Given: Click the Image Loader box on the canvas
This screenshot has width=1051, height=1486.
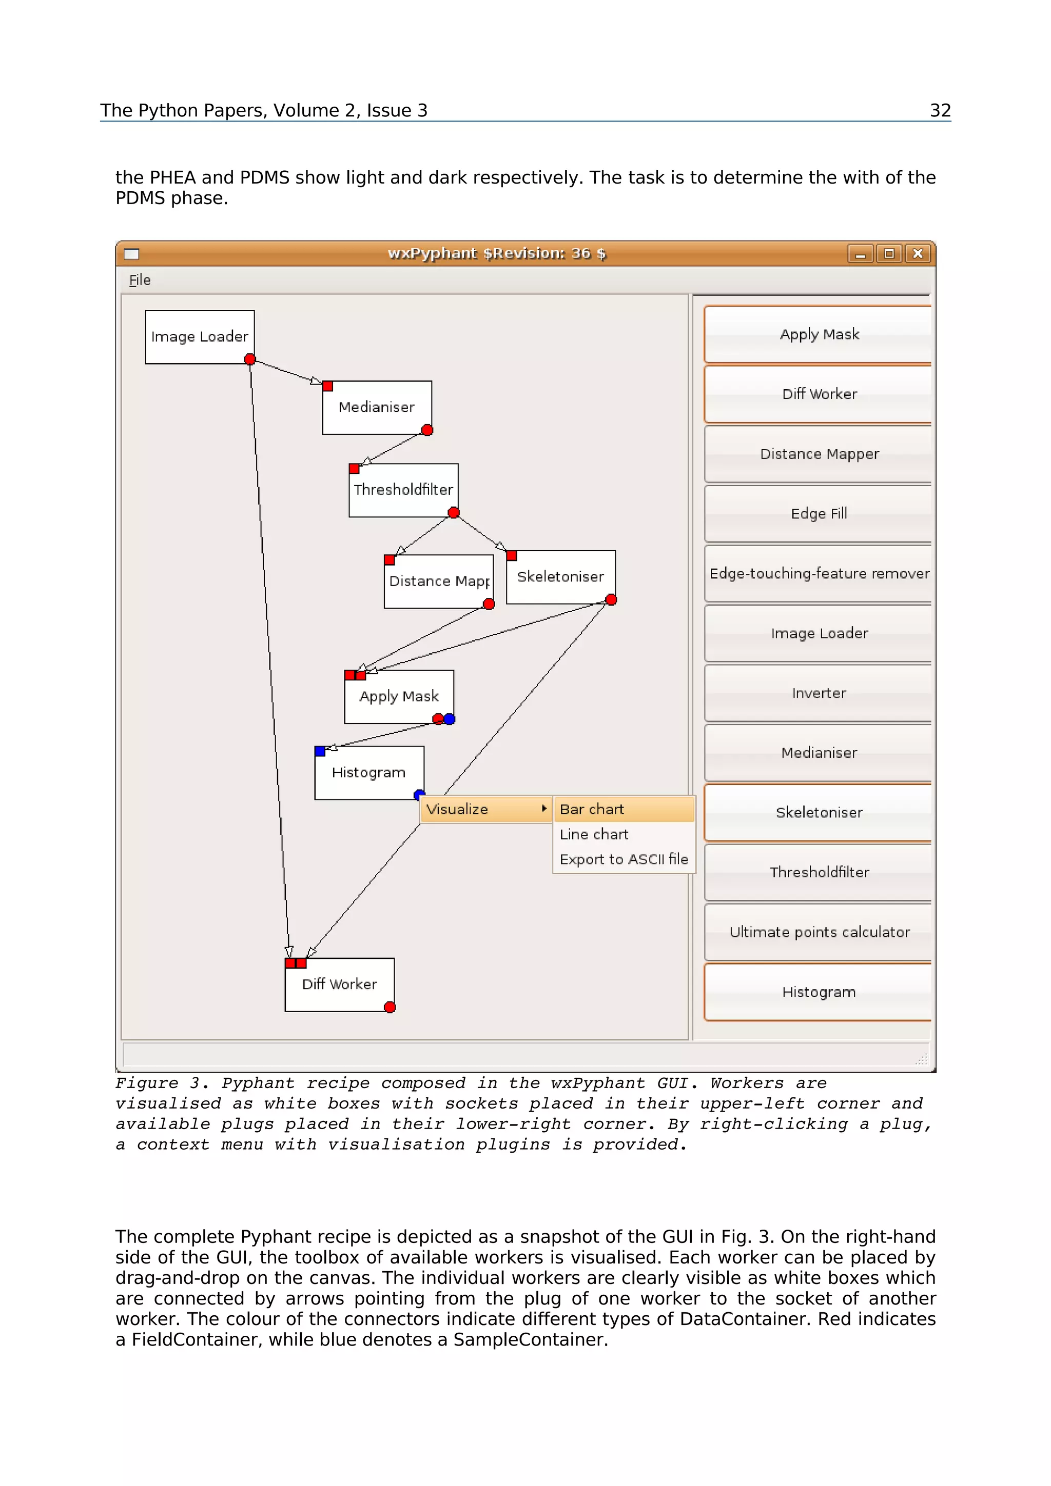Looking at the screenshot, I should pyautogui.click(x=200, y=336).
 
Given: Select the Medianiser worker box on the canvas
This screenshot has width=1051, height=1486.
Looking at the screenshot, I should pyautogui.click(x=376, y=407).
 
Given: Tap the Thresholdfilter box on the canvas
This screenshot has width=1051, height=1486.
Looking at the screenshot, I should pyautogui.click(x=403, y=490).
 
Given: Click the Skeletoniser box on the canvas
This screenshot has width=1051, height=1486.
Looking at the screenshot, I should pyautogui.click(x=560, y=577).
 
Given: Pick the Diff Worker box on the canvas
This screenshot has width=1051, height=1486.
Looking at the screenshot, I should pyautogui.click(x=339, y=985).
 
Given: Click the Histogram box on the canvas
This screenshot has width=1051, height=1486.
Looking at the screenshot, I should pyautogui.click(x=368, y=773).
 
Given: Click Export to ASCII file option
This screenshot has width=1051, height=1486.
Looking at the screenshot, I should pyautogui.click(x=624, y=859).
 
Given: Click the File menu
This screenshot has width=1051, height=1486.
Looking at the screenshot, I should pyautogui.click(x=140, y=280).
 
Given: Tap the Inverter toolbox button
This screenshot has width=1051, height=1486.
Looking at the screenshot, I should pyautogui.click(x=819, y=693).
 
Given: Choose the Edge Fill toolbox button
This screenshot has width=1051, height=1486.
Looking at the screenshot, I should pyautogui.click(x=819, y=514).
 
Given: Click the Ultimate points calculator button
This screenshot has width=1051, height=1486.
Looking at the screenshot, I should pyautogui.click(x=819, y=932).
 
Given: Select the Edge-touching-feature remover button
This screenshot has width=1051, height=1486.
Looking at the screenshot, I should pyautogui.click(x=819, y=573).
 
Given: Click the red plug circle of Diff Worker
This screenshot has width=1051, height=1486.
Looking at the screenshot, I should pyautogui.click(x=389, y=1007).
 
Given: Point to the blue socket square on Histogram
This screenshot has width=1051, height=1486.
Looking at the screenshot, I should pyautogui.click(x=320, y=751).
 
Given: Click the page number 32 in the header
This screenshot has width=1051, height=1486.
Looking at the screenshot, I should pyautogui.click(x=940, y=111).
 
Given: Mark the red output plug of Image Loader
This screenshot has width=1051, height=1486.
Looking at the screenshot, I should pyautogui.click(x=250, y=359).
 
